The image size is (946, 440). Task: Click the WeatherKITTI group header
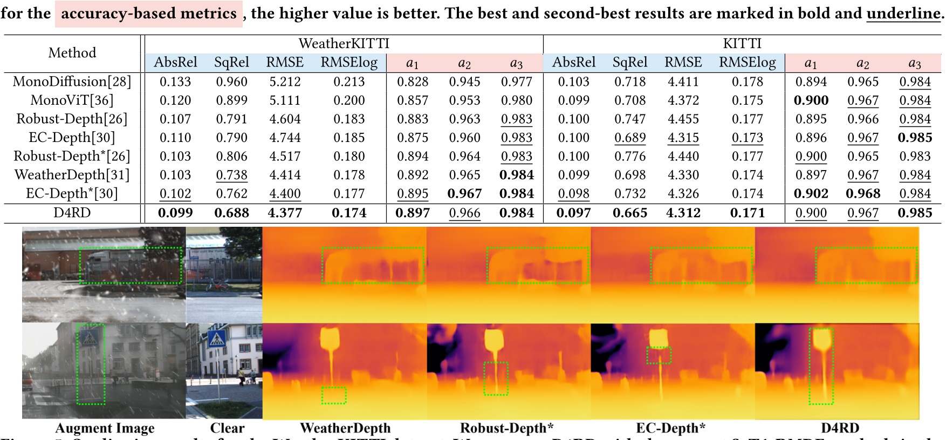tap(344, 44)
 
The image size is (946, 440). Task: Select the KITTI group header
tap(742, 44)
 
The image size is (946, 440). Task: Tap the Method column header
tap(72, 53)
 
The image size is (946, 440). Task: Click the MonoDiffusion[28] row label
tap(72, 82)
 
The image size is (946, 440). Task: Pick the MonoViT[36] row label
tap(72, 100)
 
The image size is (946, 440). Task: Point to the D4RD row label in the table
tap(72, 213)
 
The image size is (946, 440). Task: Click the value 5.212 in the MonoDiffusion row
tap(285, 82)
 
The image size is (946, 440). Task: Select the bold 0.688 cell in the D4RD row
tap(231, 213)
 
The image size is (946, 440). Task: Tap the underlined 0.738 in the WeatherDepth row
tap(231, 175)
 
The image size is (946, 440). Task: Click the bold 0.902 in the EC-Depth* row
tap(811, 193)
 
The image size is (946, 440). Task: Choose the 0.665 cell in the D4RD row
tap(629, 213)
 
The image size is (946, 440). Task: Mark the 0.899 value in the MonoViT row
tap(231, 100)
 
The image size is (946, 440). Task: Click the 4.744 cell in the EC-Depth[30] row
tap(285, 138)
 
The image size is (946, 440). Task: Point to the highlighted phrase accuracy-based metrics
tap(149, 13)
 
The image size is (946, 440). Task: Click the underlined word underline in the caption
tap(903, 13)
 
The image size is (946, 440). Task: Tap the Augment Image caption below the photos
tap(105, 428)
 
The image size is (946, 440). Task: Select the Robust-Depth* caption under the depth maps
tap(506, 428)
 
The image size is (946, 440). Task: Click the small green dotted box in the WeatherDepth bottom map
tap(334, 395)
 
